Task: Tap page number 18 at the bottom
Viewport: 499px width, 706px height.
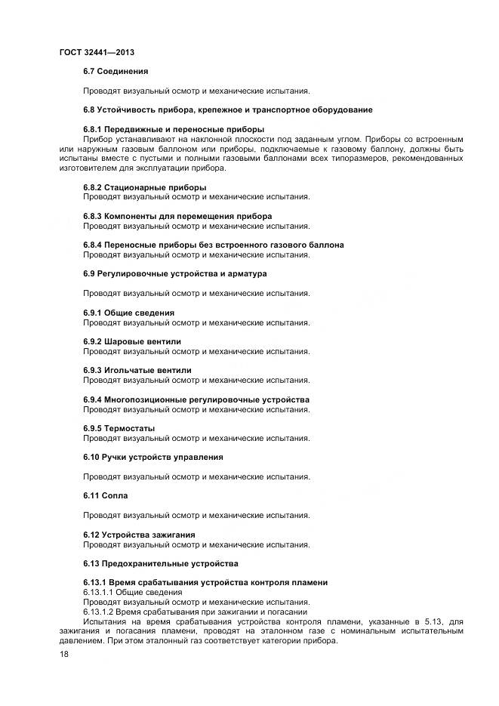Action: (64, 654)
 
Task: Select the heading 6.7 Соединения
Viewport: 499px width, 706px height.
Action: (116, 71)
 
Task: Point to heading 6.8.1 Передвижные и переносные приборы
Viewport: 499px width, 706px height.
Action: (174, 129)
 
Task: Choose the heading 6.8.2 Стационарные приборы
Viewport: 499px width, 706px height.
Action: (145, 187)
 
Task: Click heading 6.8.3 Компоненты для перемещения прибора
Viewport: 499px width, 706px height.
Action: (177, 216)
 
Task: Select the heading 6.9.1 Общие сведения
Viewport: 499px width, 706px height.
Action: (128, 313)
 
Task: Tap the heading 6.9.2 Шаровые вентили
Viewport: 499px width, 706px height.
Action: (132, 341)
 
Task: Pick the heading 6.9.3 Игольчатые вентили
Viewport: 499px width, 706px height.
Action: (137, 370)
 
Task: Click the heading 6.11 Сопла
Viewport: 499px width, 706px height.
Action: (106, 495)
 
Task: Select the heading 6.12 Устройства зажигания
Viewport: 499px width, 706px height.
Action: (139, 535)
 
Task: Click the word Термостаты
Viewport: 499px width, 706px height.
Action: (129, 428)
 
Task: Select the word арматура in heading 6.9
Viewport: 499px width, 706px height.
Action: (246, 274)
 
